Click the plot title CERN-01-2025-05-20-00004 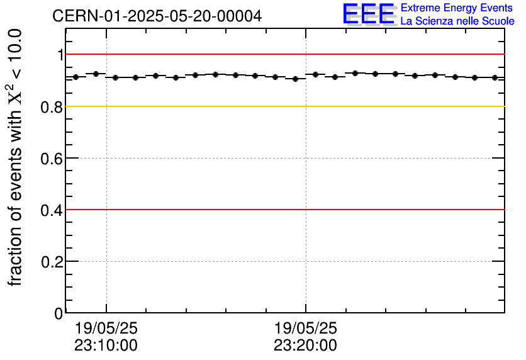click(157, 16)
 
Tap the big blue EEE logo click(369, 14)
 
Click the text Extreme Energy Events click(457, 8)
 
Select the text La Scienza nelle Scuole click(457, 21)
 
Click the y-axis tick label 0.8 click(52, 107)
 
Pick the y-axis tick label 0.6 click(52, 158)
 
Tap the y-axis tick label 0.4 click(52, 210)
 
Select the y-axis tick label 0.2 click(52, 261)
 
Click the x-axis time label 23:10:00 click(106, 346)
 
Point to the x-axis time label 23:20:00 click(305, 346)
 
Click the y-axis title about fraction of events click(15, 157)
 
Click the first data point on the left click(76, 77)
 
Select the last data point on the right click(495, 77)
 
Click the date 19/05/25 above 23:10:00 click(106, 329)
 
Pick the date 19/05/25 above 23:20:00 click(305, 329)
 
